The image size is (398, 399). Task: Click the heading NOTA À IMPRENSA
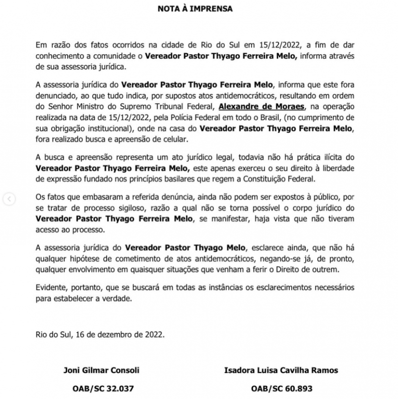tap(199, 9)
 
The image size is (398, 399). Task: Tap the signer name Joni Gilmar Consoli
tap(101, 370)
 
